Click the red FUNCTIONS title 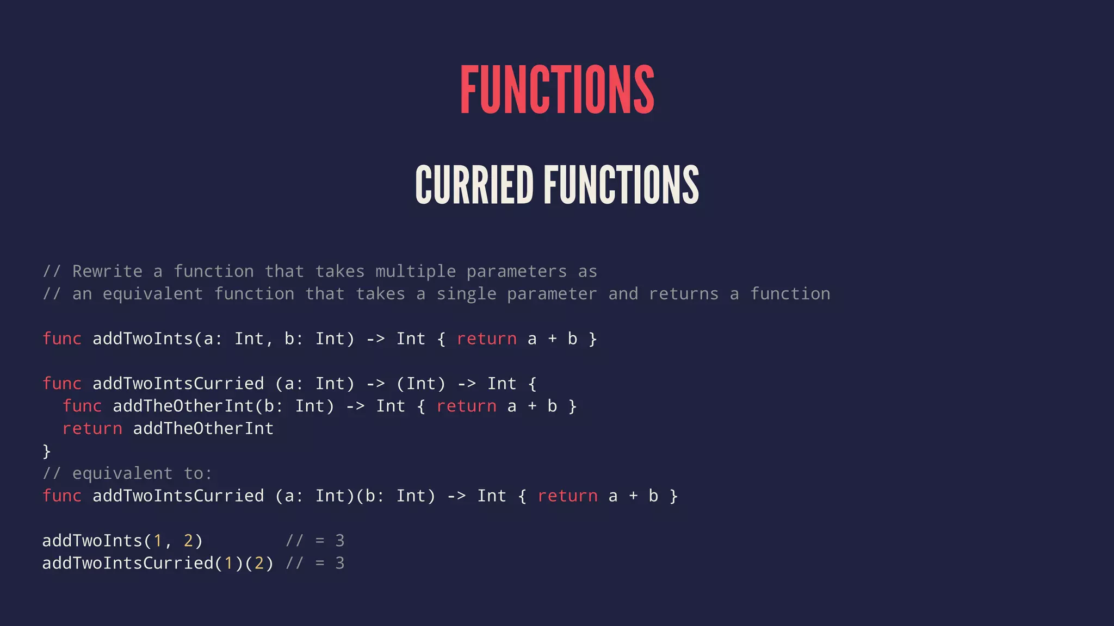[557, 90]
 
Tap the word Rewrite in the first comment [107, 271]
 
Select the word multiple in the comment [415, 271]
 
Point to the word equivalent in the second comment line [152, 294]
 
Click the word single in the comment [466, 294]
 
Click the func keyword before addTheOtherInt [82, 406]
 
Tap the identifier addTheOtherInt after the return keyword [203, 429]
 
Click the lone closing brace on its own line [47, 451]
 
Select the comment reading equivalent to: [127, 473]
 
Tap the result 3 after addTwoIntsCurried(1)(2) [340, 563]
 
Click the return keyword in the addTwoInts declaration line [486, 339]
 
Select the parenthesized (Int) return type [420, 384]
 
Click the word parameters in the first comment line [516, 271]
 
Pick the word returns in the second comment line [683, 294]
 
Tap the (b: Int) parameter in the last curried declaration [395, 496]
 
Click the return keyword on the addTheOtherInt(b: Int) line [466, 406]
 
